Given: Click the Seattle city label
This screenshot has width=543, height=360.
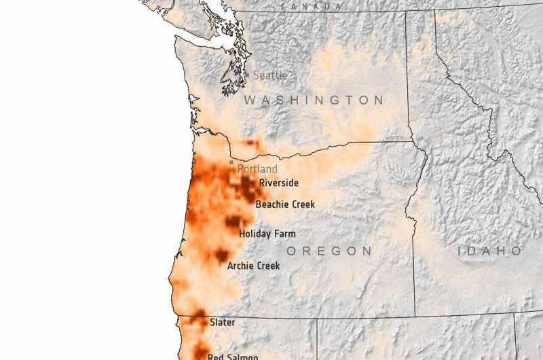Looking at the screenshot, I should (270, 76).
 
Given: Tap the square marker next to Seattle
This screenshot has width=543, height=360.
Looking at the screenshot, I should (248, 74).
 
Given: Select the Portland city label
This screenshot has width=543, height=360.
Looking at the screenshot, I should (257, 168).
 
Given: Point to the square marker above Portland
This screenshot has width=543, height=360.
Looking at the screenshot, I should (231, 162).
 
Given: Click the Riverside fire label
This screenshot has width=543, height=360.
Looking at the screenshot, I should (278, 183).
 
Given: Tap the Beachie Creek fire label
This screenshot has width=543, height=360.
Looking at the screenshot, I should (285, 204).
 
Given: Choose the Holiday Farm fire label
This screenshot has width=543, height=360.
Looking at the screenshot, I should (267, 234).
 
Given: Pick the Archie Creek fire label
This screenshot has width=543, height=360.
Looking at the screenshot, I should (253, 266).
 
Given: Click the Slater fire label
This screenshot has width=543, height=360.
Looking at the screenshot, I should (222, 322).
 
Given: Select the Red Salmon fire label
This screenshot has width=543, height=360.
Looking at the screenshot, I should (232, 357).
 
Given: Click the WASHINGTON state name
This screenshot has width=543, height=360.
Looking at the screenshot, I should (314, 101).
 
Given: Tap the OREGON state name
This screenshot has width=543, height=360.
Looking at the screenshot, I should (329, 251).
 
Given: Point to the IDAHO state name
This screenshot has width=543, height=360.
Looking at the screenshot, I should (489, 251).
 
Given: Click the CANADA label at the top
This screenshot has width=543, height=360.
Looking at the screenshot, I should (311, 6).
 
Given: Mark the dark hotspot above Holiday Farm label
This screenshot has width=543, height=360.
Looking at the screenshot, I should (233, 221).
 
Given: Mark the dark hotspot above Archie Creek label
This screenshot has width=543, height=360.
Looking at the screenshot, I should (221, 255).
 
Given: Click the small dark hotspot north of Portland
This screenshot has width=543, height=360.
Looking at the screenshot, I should (252, 143).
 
